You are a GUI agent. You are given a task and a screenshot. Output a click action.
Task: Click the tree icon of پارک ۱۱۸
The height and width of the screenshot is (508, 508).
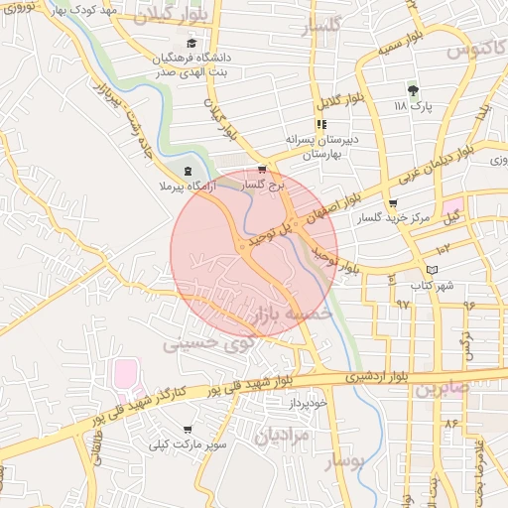[x=414, y=90]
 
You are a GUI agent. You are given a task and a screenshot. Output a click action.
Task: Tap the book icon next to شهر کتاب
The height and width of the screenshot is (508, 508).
[x=431, y=270]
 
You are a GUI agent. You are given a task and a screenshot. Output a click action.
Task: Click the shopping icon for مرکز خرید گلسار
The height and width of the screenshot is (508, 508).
[x=393, y=203]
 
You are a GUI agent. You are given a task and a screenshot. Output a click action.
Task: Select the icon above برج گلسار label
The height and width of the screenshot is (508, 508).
[x=262, y=170]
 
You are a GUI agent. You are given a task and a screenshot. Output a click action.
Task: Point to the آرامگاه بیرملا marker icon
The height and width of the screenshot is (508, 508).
[x=188, y=170]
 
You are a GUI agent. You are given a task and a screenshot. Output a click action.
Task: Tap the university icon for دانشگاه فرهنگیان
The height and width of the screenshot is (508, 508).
[x=191, y=43]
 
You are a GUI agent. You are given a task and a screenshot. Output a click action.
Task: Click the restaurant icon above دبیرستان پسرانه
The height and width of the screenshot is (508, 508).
[x=320, y=125]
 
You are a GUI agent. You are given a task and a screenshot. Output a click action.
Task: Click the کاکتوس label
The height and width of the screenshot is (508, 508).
[x=471, y=48]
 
